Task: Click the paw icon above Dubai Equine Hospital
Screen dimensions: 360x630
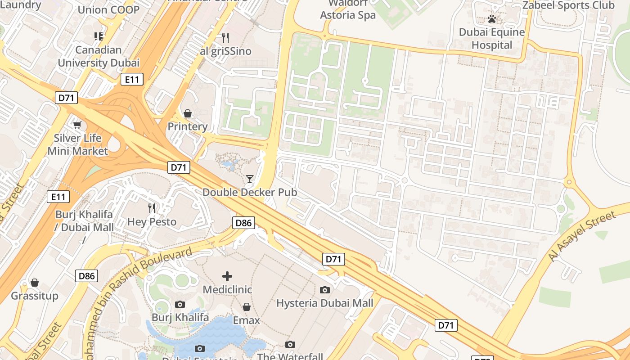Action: tap(492, 19)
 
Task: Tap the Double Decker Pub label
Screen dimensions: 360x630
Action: tap(250, 192)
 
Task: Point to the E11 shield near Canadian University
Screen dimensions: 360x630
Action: tap(132, 80)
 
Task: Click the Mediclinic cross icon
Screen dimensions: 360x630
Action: tap(227, 276)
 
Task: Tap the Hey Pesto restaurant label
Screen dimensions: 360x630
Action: tap(152, 222)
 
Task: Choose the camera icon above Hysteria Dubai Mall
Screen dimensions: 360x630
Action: tap(325, 290)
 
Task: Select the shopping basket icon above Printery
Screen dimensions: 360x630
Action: tap(188, 113)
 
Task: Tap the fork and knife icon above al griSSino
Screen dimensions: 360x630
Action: tap(225, 37)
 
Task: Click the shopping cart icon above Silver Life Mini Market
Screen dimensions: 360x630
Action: tap(77, 125)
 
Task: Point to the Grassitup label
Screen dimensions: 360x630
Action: tap(35, 296)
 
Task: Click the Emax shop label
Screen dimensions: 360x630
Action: tap(246, 320)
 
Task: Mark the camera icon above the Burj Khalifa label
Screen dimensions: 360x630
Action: tap(180, 305)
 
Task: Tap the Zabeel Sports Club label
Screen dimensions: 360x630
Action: tap(568, 5)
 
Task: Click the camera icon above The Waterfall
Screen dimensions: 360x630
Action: tap(290, 345)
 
